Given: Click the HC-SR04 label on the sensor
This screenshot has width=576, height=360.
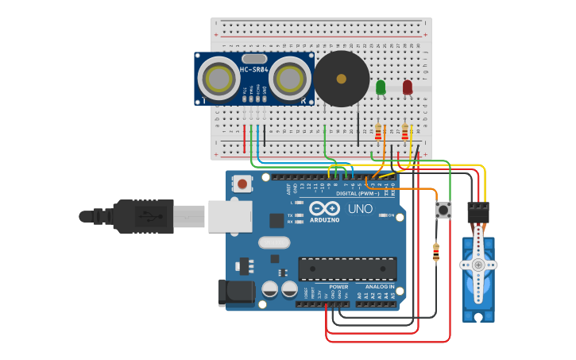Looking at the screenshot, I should tap(254, 70).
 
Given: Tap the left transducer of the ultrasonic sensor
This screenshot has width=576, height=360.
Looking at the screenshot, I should tap(218, 79).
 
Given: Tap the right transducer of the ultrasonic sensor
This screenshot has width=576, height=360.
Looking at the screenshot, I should tap(290, 79).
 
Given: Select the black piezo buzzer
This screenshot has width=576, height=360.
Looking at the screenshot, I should tap(342, 79).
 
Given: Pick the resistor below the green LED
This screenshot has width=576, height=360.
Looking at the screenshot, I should tap(378, 132).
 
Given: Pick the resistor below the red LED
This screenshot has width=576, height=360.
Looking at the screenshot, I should tap(405, 131).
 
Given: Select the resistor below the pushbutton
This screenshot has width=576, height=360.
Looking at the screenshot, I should tap(435, 252).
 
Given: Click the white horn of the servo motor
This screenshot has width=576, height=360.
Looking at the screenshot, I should tap(477, 265).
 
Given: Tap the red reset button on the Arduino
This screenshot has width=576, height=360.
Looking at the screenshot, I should tap(242, 184).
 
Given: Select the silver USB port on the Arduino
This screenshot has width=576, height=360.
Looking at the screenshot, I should tap(230, 216).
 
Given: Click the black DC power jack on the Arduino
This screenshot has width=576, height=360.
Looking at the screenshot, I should tap(236, 292).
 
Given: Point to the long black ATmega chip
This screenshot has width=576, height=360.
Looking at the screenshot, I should tap(347, 269).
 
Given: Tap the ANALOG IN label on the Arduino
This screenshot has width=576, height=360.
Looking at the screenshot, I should tap(379, 286).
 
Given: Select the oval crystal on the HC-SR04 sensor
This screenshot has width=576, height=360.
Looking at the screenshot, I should tap(254, 58).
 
